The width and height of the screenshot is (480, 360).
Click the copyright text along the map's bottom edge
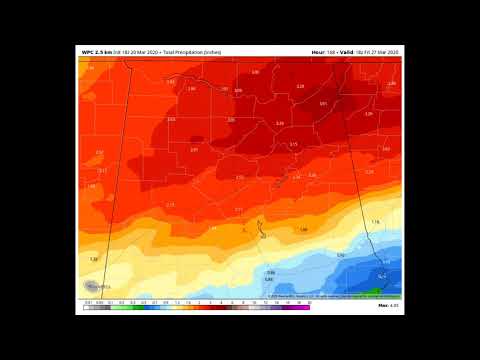(x=320, y=296)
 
